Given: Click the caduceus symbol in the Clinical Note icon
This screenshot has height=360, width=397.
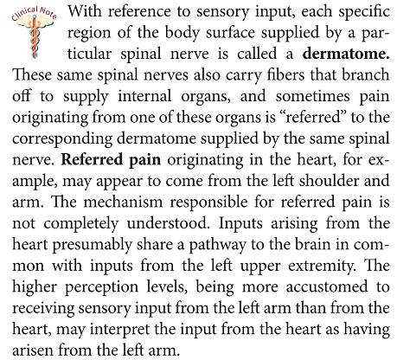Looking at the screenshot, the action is pyautogui.click(x=35, y=37).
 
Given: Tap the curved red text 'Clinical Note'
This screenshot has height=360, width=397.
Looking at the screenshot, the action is pyautogui.click(x=34, y=13).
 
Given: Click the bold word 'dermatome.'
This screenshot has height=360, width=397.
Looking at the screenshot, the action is pyautogui.click(x=346, y=54).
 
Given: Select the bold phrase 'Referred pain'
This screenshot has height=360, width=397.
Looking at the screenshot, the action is pyautogui.click(x=111, y=159).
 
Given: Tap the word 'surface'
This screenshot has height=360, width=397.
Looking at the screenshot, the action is pyautogui.click(x=230, y=33).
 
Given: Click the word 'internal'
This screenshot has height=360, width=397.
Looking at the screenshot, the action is pyautogui.click(x=144, y=96).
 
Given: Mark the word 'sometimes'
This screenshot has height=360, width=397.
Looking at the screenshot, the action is pyautogui.click(x=312, y=96).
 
